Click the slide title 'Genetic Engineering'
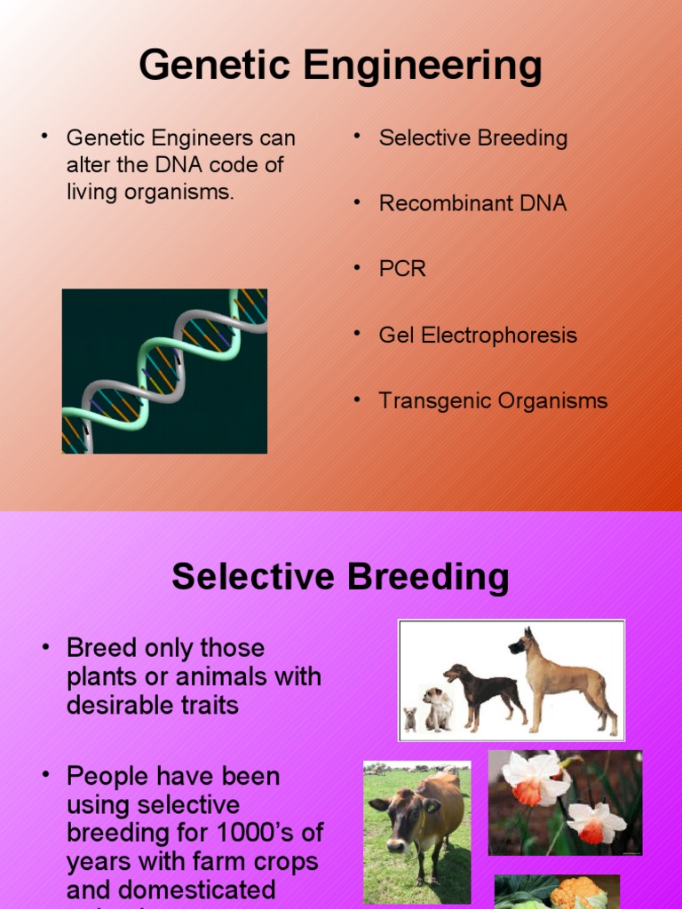pos(340,66)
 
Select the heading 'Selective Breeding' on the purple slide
pos(340,577)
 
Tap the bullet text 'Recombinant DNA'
pos(472,203)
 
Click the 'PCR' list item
pos(402,269)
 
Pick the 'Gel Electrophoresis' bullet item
pos(478,336)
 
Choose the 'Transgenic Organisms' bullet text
pos(493,401)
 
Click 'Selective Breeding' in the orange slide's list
pos(472,138)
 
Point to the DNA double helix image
pos(164,371)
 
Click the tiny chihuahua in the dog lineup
pos(410,718)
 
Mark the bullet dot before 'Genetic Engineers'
pos(42,136)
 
